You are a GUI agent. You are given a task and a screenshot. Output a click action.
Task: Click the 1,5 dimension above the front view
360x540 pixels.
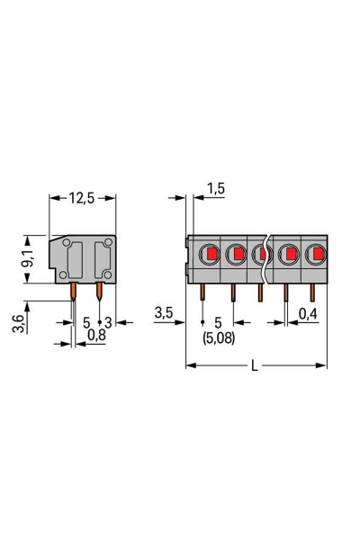click(x=215, y=188)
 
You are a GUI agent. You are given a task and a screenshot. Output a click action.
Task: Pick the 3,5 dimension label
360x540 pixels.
click(x=163, y=313)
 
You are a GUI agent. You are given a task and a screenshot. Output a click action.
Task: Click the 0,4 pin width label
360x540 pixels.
click(x=309, y=313)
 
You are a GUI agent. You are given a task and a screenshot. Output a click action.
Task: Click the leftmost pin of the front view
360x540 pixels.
click(x=203, y=292)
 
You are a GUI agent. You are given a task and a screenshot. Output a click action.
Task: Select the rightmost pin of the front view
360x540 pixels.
click(x=313, y=292)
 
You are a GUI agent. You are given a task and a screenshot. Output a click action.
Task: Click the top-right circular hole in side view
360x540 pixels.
click(x=107, y=241)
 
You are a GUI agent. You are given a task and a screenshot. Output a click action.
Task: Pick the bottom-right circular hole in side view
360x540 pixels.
click(x=107, y=274)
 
